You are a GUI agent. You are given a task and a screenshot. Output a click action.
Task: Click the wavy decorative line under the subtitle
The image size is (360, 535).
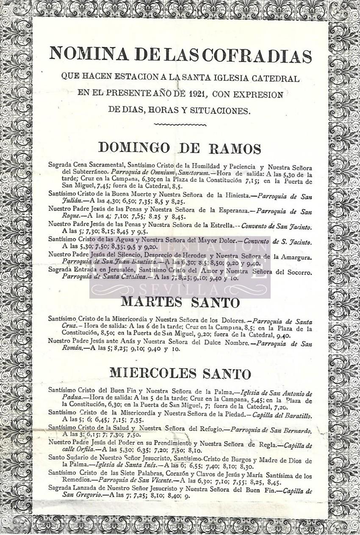tap(180, 125)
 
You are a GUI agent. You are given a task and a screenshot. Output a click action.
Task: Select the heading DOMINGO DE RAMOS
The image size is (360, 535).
tap(180, 148)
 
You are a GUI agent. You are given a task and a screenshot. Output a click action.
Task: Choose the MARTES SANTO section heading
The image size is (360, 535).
tap(180, 302)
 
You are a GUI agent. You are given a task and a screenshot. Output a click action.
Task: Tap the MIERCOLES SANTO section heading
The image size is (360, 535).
tap(180, 373)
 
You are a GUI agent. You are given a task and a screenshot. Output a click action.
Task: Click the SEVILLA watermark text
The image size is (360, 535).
tap(180, 290)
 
